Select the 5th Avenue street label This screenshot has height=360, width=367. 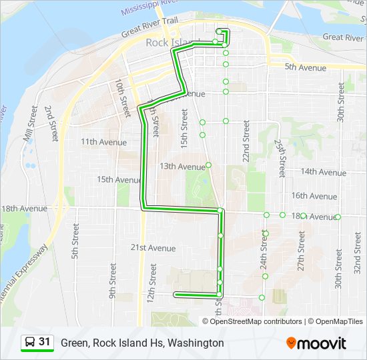(x=306, y=67)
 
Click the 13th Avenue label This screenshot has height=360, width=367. (x=182, y=167)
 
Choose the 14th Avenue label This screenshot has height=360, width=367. (x=323, y=171)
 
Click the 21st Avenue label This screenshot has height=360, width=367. (x=153, y=248)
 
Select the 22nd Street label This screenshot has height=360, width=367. (x=246, y=141)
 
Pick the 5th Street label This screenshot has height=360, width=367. (x=76, y=247)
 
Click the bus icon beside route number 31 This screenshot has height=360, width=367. (x=31, y=343)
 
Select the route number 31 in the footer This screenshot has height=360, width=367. (x=45, y=342)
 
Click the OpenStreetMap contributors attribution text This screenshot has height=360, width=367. (x=256, y=321)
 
